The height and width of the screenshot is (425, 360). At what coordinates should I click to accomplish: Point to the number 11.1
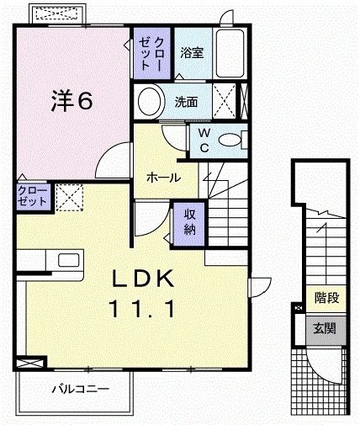point(141,310)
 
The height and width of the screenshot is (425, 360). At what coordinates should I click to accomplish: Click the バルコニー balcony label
point(78,390)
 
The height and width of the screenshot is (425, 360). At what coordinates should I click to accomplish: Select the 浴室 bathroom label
point(191,52)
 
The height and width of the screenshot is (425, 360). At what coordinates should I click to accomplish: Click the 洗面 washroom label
point(187,102)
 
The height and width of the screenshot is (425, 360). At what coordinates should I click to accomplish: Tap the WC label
point(204,140)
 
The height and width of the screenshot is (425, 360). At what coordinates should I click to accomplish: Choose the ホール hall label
point(161,178)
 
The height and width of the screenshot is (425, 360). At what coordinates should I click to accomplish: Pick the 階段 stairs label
point(326,297)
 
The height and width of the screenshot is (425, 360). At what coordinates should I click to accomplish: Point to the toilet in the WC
point(230,140)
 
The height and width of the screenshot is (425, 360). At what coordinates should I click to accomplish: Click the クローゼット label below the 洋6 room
point(33,197)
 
